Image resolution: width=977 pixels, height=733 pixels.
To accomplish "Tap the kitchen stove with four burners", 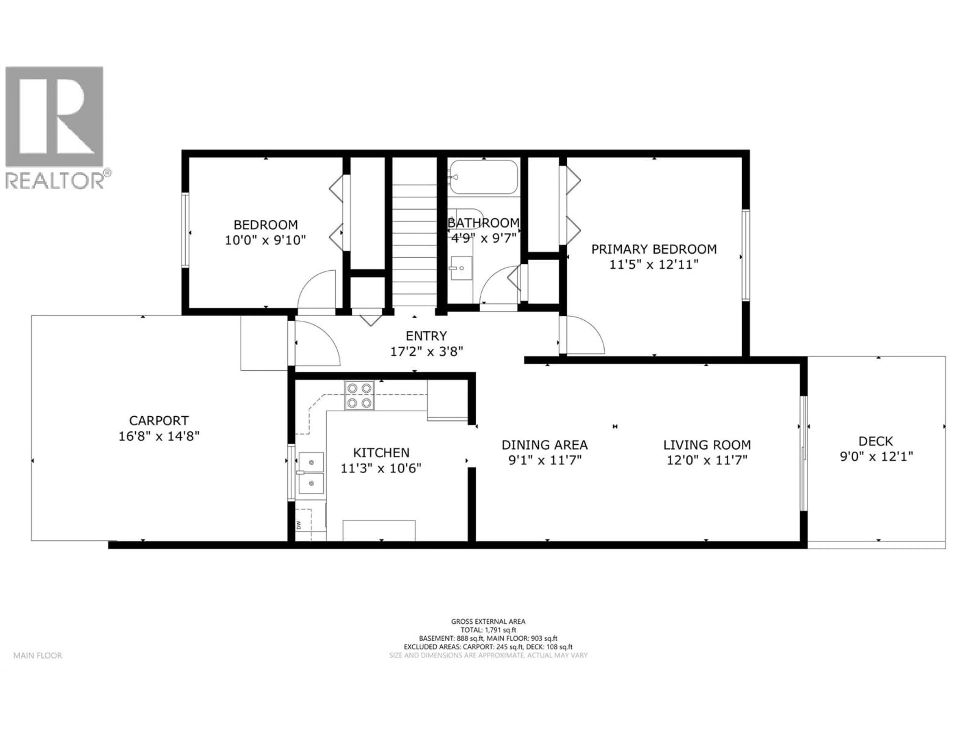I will (x=359, y=396).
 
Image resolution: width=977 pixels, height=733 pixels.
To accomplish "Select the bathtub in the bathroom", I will (x=483, y=177).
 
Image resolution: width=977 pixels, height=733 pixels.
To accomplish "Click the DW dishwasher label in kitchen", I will (x=299, y=525).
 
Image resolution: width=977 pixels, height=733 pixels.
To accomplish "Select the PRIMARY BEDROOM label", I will (x=654, y=249).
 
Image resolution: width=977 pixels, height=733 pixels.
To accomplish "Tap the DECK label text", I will (x=876, y=441).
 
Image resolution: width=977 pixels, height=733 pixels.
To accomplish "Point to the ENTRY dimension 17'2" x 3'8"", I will (x=426, y=352).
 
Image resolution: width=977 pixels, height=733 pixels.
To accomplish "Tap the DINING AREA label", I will (x=544, y=444).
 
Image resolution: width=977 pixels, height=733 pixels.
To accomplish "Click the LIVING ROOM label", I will (x=707, y=444).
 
